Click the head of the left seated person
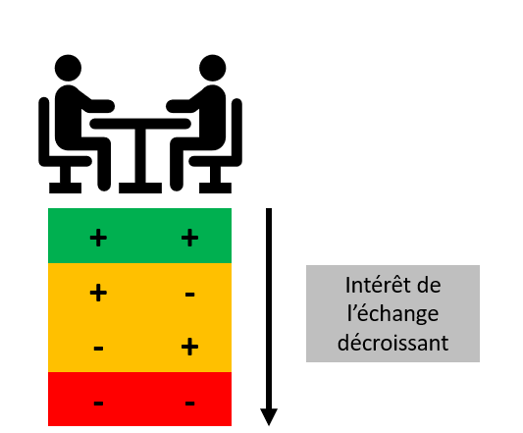point(68,68)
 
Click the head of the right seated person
point(213,68)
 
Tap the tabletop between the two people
point(140,124)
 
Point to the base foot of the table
point(140,188)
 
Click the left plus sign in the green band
point(98,238)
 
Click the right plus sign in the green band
point(189,238)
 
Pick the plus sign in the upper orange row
point(98,293)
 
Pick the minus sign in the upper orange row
point(189,295)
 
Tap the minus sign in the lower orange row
point(98,349)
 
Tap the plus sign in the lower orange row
point(189,347)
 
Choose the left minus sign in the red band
point(98,404)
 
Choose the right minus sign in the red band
point(189,404)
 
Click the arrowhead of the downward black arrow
point(269,416)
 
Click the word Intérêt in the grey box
point(378,285)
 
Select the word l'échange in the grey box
point(392,314)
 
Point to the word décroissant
point(392,343)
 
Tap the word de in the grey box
point(429,286)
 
